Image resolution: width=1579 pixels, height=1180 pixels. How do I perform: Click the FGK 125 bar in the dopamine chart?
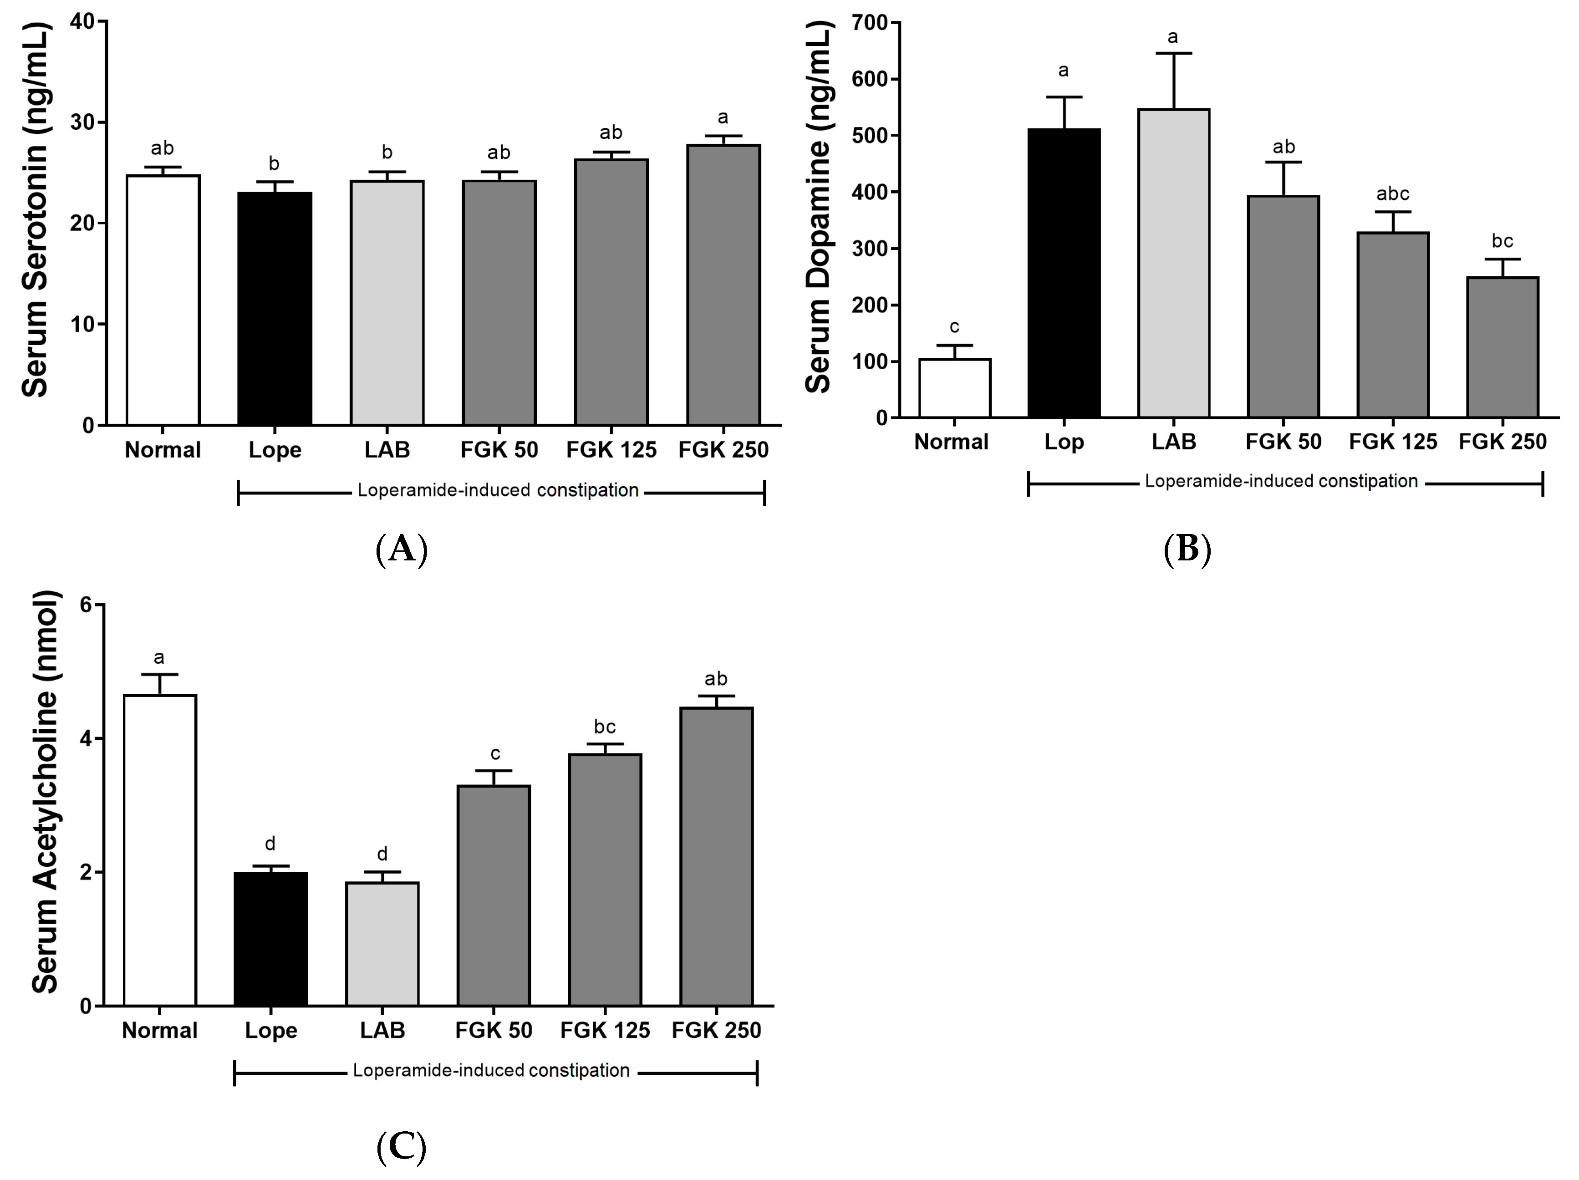[1393, 324]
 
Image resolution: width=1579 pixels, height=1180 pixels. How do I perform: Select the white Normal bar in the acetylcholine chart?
[160, 849]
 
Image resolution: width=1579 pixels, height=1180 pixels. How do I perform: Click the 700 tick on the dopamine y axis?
[870, 23]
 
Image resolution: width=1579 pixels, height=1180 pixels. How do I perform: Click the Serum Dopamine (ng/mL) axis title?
[818, 207]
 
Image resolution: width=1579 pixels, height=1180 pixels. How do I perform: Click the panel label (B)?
[1187, 549]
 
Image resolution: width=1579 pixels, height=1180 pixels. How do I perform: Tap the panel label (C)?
[401, 1147]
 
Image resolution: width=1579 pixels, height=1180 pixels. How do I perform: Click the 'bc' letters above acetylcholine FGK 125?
[605, 727]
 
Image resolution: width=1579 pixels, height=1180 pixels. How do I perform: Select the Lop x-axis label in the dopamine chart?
[1064, 442]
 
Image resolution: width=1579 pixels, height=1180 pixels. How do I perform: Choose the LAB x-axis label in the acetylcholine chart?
[382, 1030]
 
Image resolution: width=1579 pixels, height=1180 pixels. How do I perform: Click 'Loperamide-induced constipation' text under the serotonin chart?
[498, 490]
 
